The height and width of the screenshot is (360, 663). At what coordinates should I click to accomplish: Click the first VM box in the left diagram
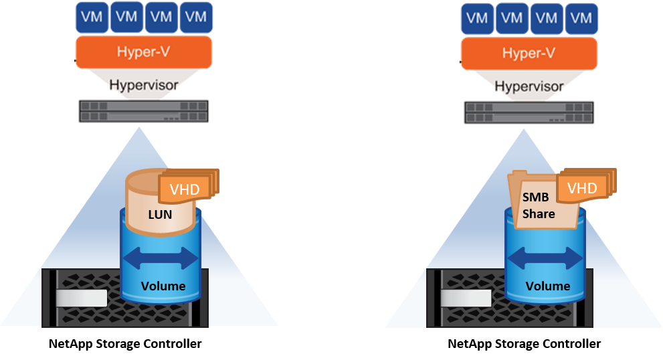(x=92, y=17)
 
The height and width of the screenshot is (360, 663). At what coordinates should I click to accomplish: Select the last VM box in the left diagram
(x=197, y=17)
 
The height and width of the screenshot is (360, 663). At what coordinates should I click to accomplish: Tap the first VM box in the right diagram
(x=477, y=18)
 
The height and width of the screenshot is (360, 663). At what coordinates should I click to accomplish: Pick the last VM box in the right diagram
(x=581, y=18)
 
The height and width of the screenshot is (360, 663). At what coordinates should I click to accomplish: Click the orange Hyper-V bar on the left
(x=144, y=52)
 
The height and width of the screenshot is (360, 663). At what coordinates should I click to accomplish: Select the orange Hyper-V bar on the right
(x=529, y=52)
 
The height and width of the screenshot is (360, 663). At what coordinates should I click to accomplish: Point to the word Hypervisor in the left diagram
(x=143, y=86)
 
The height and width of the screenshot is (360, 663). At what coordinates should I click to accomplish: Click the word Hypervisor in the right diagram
(x=529, y=86)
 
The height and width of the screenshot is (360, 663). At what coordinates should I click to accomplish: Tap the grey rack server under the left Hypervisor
(x=144, y=110)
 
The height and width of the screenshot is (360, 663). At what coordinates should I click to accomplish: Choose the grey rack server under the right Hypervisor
(x=529, y=112)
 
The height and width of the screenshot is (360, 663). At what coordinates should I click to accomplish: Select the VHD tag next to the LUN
(x=184, y=189)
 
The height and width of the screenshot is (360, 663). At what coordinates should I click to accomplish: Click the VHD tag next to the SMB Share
(x=582, y=188)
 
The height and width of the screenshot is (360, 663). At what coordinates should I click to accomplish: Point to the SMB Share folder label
(x=539, y=205)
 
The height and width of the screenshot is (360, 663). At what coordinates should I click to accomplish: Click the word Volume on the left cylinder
(x=163, y=286)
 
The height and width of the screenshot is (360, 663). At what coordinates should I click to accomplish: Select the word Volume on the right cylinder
(x=547, y=286)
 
